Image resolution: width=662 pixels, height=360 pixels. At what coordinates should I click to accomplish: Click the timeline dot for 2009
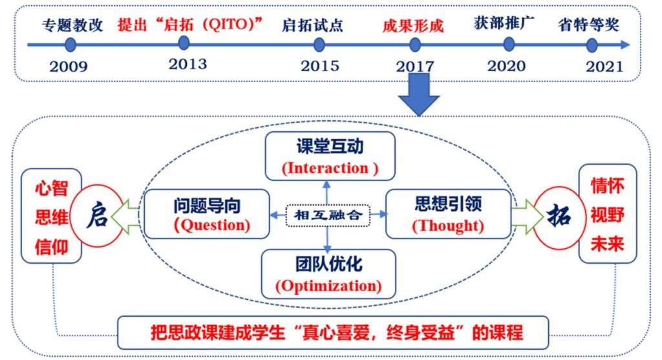click(x=70, y=45)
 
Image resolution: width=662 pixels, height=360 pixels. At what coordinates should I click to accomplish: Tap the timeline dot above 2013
click(x=184, y=43)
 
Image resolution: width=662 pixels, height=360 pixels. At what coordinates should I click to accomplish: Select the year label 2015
click(x=319, y=66)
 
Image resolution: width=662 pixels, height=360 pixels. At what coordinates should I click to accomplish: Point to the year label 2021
click(x=604, y=67)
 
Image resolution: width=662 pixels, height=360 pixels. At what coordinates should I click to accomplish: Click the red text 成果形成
click(x=413, y=26)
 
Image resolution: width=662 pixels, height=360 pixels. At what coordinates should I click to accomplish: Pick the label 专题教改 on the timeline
click(x=72, y=25)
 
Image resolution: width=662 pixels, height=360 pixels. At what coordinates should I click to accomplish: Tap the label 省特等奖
click(x=588, y=25)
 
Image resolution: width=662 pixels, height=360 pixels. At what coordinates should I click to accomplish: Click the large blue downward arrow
click(x=419, y=94)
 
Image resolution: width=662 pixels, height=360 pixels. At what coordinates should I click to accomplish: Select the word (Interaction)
click(x=330, y=169)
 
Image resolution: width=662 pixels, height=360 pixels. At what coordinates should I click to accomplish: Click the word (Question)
click(x=211, y=225)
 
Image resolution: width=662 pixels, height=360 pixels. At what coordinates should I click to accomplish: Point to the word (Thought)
click(x=447, y=226)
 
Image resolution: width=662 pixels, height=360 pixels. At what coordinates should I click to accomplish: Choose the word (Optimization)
click(x=328, y=286)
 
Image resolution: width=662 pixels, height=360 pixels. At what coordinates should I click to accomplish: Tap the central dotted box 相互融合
click(x=328, y=215)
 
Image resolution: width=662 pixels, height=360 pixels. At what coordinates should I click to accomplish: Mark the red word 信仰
click(x=52, y=247)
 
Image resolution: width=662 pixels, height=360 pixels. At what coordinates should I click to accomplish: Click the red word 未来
click(x=607, y=244)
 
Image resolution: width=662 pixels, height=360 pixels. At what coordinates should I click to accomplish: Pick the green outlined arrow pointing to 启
click(x=125, y=217)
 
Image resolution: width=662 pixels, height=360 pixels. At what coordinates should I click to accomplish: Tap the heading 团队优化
click(x=329, y=264)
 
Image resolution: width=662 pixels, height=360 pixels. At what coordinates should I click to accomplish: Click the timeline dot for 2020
click(x=509, y=44)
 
